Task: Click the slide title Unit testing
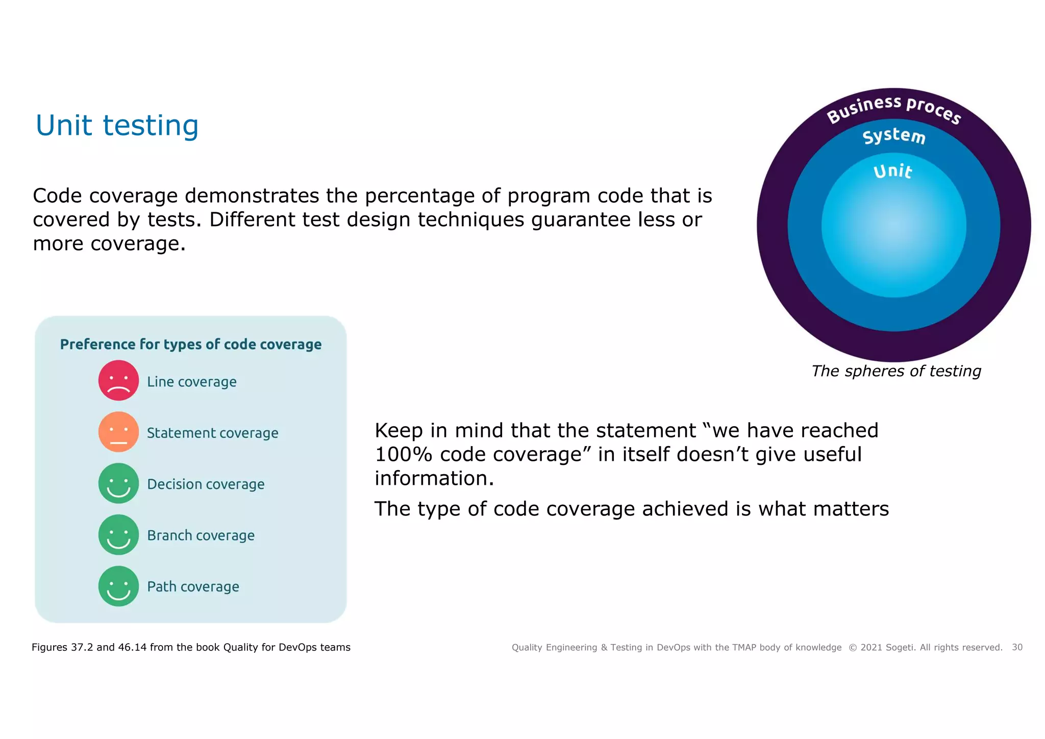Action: tap(117, 126)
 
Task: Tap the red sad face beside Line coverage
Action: tap(118, 381)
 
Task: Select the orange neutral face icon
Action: tap(118, 432)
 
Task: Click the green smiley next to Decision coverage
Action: tap(118, 483)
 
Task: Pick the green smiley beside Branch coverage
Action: tap(118, 535)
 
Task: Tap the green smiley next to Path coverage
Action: tap(118, 586)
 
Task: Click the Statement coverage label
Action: tap(212, 433)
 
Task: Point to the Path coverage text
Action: tap(193, 587)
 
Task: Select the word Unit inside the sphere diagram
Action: tap(892, 171)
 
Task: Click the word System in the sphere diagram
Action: tap(893, 136)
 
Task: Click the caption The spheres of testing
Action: tap(896, 371)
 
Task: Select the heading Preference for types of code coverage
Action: tap(191, 344)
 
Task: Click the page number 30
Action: tap(1017, 647)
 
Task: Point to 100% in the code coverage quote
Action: tap(403, 454)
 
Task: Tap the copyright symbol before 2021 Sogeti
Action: tap(853, 648)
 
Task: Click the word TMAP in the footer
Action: tap(744, 648)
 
